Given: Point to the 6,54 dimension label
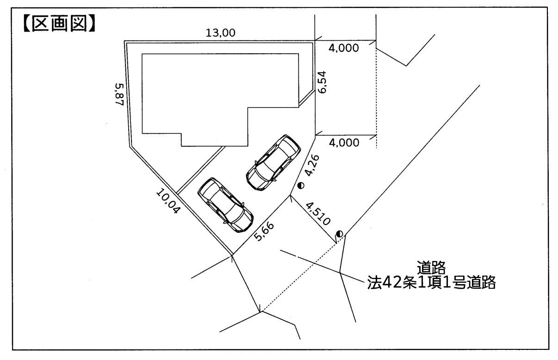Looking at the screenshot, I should [x=324, y=82].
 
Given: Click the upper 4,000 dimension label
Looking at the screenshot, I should [x=343, y=48].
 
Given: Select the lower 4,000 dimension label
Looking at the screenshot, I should [x=343, y=143].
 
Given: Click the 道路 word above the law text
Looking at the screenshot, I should [x=431, y=267].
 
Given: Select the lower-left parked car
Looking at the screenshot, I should [x=225, y=205].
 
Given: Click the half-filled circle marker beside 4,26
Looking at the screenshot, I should [x=301, y=185].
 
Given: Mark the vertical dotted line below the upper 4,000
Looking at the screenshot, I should [x=376, y=93].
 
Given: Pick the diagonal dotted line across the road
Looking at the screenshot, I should [x=301, y=273].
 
